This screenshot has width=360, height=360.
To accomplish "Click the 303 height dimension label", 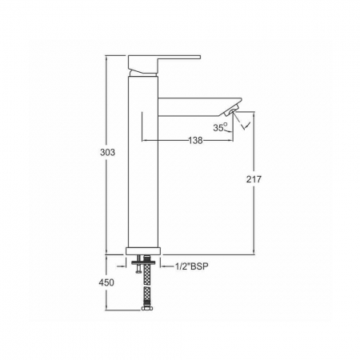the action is pyautogui.click(x=107, y=152).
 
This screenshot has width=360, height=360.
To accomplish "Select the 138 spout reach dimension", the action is pyautogui.click(x=196, y=140).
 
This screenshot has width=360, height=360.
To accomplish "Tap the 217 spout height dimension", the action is pyautogui.click(x=254, y=179).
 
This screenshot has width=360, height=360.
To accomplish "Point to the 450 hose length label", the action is pyautogui.click(x=106, y=282).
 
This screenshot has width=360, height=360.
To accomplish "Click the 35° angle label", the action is pyautogui.click(x=220, y=127).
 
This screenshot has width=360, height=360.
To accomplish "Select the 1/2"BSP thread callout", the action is pyautogui.click(x=191, y=266).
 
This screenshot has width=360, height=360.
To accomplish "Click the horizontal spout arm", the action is pyautogui.click(x=199, y=106).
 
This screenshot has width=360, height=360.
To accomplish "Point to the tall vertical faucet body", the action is pyautogui.click(x=143, y=162).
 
